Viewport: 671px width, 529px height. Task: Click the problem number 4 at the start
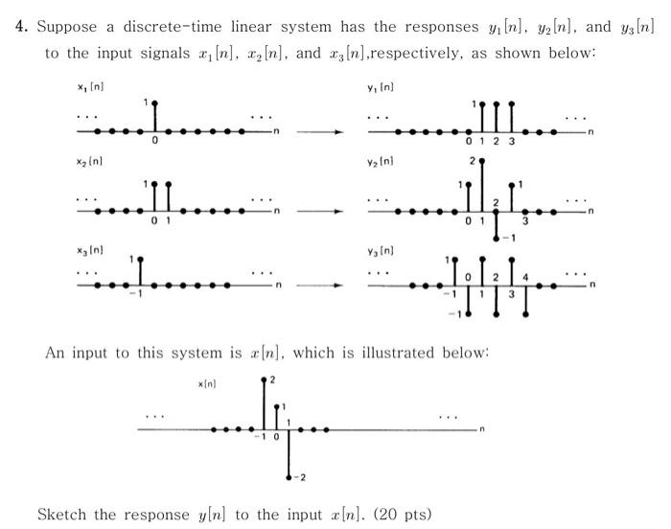click(20, 26)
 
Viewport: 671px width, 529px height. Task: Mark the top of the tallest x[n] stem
click(265, 380)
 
